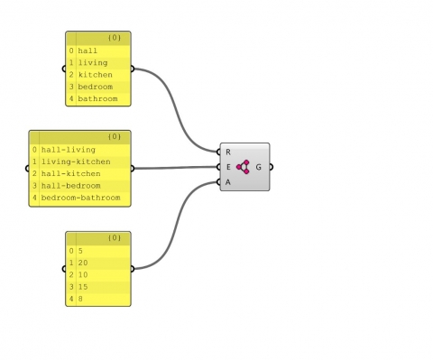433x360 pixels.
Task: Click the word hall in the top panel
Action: [x=88, y=51]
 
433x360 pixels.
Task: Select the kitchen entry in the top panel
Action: [x=95, y=75]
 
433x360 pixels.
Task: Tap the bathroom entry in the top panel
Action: [x=97, y=98]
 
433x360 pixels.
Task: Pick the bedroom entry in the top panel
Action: [x=96, y=87]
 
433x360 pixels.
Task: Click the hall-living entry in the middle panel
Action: [x=68, y=149]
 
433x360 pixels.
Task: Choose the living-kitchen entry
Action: [x=74, y=161]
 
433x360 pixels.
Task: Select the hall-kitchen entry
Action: [x=70, y=172]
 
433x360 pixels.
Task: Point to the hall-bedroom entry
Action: [x=70, y=184]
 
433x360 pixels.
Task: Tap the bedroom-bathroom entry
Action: [x=80, y=196]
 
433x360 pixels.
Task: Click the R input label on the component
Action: [x=228, y=152]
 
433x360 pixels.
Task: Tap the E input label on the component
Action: [x=228, y=167]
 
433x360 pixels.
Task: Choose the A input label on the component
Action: [x=228, y=181]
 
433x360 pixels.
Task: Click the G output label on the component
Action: [x=260, y=167]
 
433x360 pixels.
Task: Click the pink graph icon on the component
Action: [x=244, y=167]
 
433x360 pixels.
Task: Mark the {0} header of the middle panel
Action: [x=114, y=136]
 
